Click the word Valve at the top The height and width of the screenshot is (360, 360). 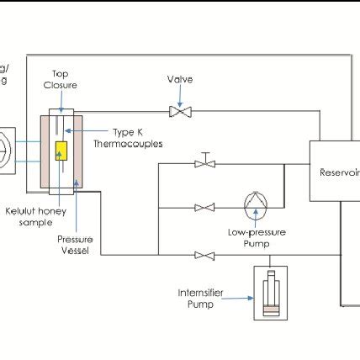(x=179, y=80)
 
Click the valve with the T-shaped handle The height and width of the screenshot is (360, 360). (x=203, y=162)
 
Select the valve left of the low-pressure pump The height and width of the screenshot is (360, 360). (x=203, y=207)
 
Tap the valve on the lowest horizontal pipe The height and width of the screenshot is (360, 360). (x=203, y=254)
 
